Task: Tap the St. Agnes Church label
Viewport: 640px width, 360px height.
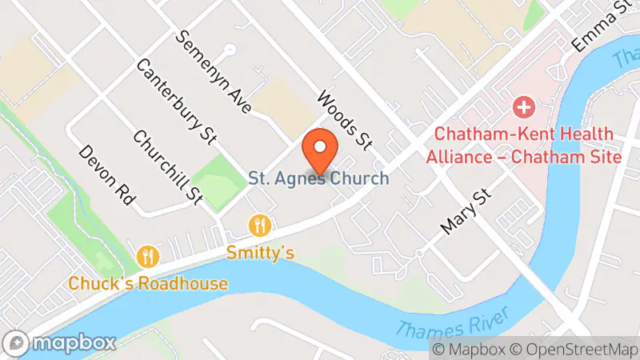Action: point(318,178)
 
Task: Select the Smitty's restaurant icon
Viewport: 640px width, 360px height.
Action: point(258,225)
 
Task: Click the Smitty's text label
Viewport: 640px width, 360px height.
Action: point(260,253)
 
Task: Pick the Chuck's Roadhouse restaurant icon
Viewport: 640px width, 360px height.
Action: point(148,256)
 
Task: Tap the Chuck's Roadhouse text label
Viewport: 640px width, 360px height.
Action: point(148,283)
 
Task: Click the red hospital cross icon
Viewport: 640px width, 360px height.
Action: point(523,106)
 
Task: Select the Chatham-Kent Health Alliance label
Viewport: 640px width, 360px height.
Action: point(523,146)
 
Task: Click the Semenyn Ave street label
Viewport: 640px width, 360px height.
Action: point(215,72)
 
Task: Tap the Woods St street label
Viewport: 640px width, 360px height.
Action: point(345,120)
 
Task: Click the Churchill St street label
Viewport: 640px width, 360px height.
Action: point(168,166)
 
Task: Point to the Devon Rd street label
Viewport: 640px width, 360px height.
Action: point(105,176)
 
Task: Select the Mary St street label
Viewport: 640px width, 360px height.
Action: point(465,212)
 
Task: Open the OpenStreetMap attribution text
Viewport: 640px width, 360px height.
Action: point(575,350)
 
